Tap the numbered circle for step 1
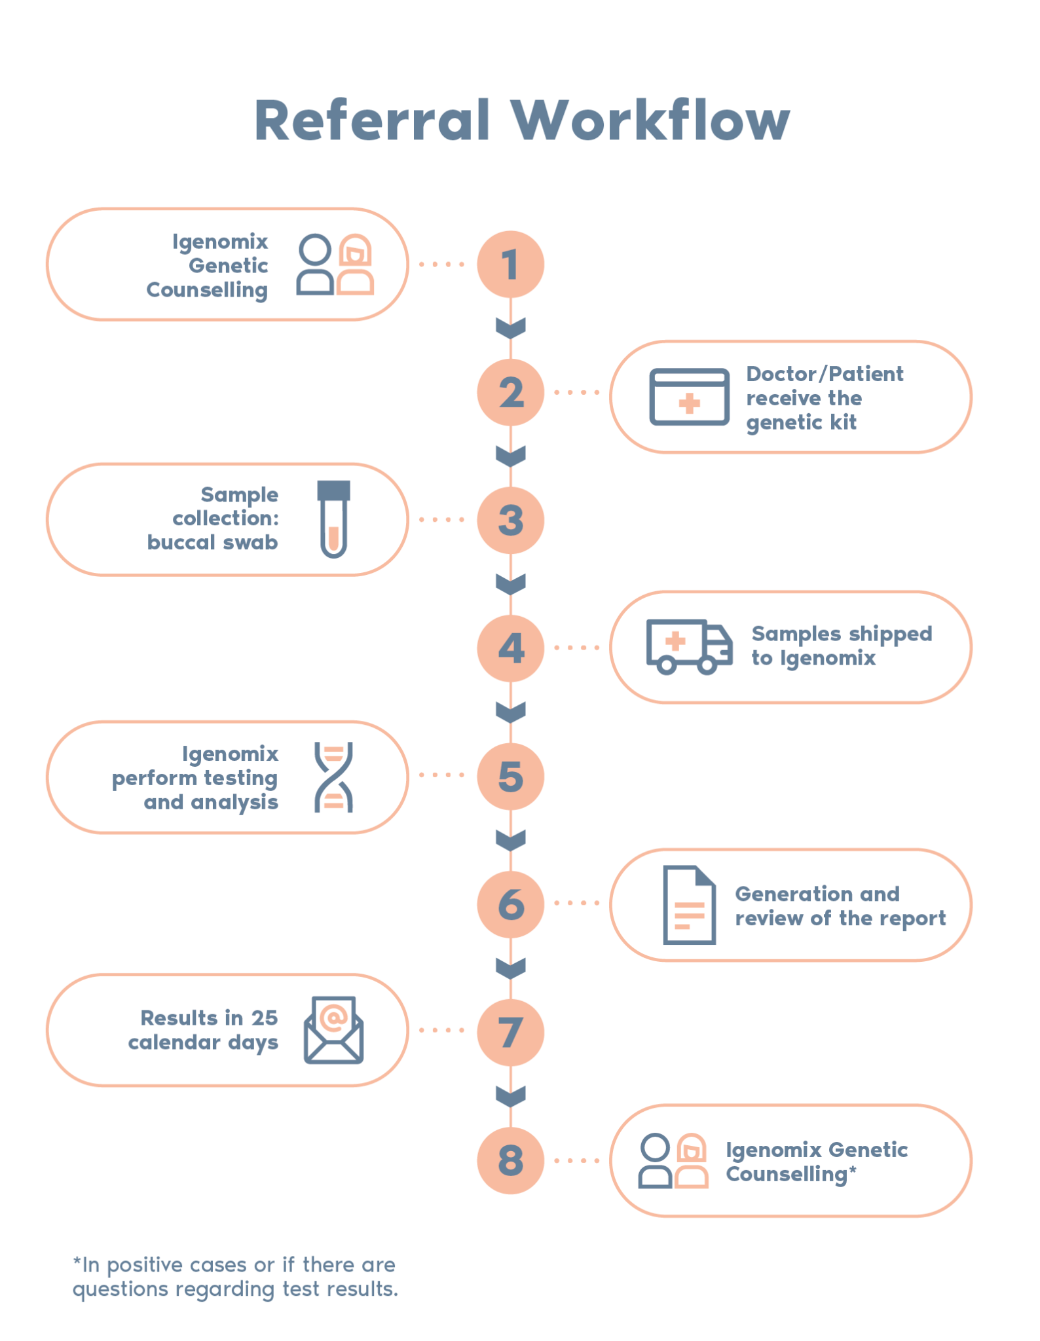click(510, 264)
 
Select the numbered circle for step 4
click(510, 648)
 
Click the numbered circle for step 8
click(510, 1160)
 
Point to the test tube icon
click(333, 519)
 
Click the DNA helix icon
click(333, 777)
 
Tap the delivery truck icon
click(689, 647)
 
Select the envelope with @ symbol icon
click(333, 1030)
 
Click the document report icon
click(689, 905)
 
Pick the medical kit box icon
click(689, 397)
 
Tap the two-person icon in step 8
click(673, 1161)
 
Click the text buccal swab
click(212, 542)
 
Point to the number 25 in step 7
click(265, 1018)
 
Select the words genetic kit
click(801, 422)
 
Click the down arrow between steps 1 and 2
click(510, 327)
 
